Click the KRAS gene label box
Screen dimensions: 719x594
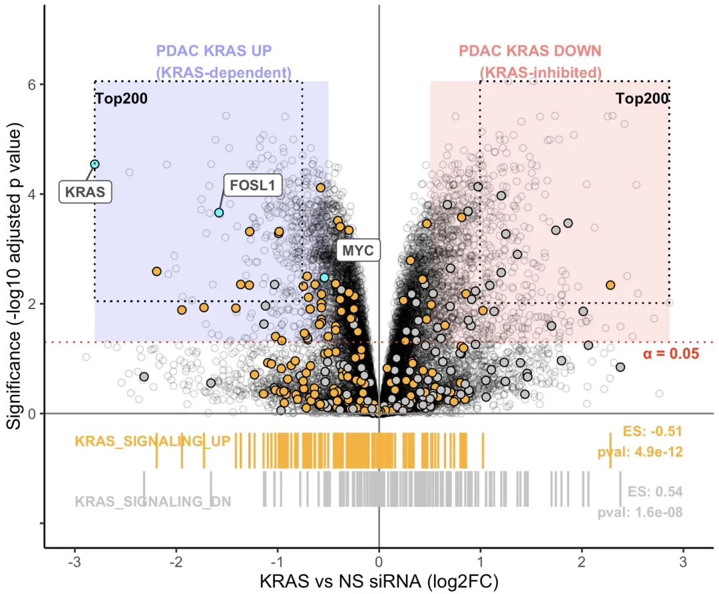coord(85,191)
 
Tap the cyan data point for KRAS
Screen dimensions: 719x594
coord(95,164)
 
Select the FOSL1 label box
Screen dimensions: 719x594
coord(252,185)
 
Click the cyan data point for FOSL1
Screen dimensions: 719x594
coord(219,213)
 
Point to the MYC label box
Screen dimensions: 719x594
coord(358,250)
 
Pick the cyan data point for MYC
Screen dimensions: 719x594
coord(325,278)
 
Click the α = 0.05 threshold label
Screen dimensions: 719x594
coord(671,354)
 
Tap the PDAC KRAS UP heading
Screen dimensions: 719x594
coord(214,51)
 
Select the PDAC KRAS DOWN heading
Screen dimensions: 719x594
coord(530,51)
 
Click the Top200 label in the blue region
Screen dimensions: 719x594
coord(122,98)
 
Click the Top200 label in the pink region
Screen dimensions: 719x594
coord(642,98)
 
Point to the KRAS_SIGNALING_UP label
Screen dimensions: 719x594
coord(152,442)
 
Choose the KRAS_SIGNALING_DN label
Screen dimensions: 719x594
coord(153,501)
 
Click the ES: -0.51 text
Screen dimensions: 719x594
coord(652,431)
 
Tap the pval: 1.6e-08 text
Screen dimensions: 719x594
coord(640,512)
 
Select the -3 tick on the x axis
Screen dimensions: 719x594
coord(75,562)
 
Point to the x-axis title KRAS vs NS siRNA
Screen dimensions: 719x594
coord(379,581)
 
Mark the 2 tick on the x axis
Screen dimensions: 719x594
coord(582,562)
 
